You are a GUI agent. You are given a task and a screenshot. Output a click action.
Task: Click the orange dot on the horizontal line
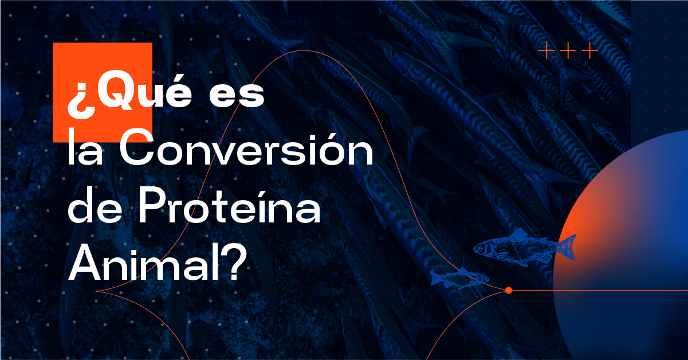point(509,290)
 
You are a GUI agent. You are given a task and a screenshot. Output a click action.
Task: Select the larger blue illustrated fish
point(525,247)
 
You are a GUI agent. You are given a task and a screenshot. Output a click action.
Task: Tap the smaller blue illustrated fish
point(459,279)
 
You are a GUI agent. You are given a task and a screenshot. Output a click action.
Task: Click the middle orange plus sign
point(568,50)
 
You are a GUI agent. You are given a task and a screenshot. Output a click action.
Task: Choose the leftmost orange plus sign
point(547,50)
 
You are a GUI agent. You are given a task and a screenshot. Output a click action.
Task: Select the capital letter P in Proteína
point(151,205)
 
